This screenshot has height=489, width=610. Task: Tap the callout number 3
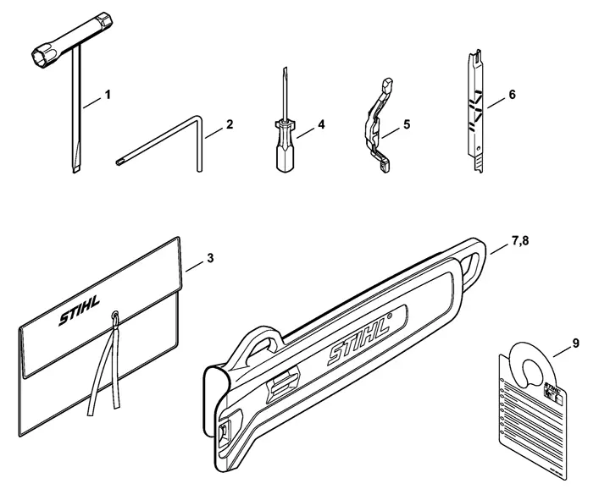pos(210,257)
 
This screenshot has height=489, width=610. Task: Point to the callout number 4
pos(321,124)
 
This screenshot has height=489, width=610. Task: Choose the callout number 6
pos(512,96)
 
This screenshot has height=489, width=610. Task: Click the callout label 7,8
pos(520,244)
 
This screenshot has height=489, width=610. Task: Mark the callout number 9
pos(575,343)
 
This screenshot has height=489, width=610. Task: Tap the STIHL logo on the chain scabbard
pos(356,343)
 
